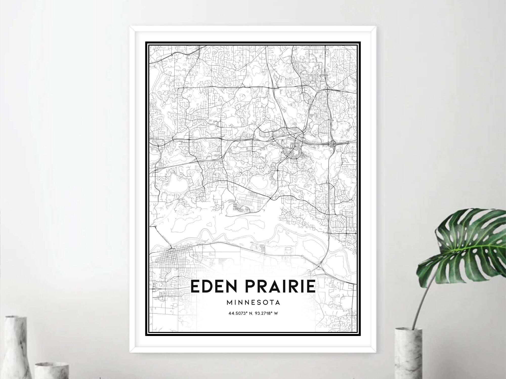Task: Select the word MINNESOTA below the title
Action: point(253,302)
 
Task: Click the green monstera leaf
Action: point(466,243)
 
